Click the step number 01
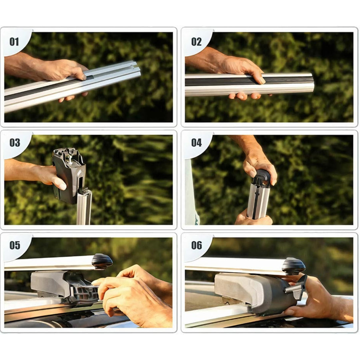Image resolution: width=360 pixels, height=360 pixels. click(14, 42)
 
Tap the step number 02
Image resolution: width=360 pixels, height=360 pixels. click(196, 42)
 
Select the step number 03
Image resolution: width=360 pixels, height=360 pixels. click(14, 143)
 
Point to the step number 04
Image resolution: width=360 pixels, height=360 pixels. click(197, 143)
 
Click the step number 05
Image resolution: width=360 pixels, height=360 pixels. click(14, 245)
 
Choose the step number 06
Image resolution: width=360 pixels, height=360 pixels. click(197, 245)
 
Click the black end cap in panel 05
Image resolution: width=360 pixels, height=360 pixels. click(102, 261)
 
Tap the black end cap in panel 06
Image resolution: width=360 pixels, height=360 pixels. click(294, 266)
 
